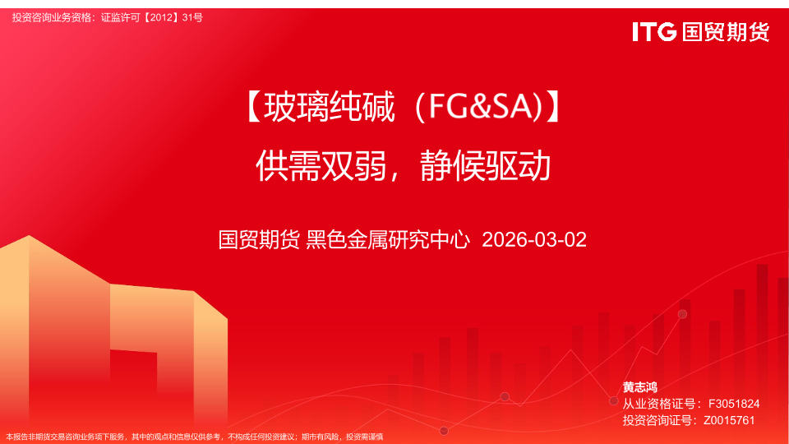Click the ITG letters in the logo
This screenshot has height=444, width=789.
[x=654, y=32]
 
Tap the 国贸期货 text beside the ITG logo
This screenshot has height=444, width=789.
[x=726, y=32]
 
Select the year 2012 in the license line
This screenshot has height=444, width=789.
[x=161, y=17]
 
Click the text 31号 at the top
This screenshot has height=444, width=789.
[x=192, y=17]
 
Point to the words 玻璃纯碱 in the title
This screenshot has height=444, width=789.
[x=329, y=107]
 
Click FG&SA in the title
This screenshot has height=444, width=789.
[x=480, y=107]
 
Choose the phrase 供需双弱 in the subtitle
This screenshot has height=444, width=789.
[x=321, y=166]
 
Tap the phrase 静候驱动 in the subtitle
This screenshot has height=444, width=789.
[x=486, y=166]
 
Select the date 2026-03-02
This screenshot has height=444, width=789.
[x=534, y=239]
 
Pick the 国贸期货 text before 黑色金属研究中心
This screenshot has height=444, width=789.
[x=259, y=239]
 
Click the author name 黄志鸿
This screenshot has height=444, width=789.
[x=640, y=387]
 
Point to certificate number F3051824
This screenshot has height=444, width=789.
[x=734, y=404]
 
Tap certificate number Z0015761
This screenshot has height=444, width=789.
[x=729, y=420]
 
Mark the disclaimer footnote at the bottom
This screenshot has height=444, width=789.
[x=194, y=437]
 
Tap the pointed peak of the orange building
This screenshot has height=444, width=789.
[x=29, y=236]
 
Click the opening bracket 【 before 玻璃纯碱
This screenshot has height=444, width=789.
[x=254, y=107]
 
